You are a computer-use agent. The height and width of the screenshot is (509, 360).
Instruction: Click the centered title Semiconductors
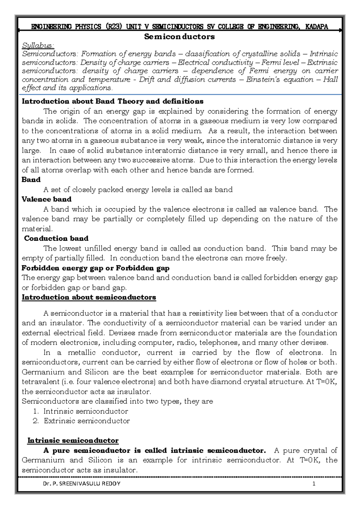click(179, 37)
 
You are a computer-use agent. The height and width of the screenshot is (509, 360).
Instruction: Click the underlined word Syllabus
click(38, 46)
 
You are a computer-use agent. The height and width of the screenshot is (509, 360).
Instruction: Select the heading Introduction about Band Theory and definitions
click(112, 101)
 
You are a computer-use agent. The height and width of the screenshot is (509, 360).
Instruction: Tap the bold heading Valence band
click(46, 199)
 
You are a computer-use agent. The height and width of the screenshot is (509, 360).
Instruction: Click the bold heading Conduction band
click(56, 238)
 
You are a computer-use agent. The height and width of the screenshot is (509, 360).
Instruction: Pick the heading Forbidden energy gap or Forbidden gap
click(95, 268)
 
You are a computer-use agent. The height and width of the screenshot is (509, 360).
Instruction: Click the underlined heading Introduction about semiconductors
click(89, 297)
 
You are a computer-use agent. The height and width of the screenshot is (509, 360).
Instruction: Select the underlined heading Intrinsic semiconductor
click(73, 441)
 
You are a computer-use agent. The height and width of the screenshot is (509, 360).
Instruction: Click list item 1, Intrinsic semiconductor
click(85, 411)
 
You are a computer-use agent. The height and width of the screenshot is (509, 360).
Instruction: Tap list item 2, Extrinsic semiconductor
click(87, 421)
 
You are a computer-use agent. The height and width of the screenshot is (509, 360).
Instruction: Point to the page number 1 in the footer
click(314, 483)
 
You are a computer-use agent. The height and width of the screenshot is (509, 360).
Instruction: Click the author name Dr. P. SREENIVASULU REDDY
click(82, 483)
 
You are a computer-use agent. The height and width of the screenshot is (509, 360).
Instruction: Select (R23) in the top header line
click(114, 27)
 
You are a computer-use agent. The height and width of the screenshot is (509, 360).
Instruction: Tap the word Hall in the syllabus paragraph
click(330, 80)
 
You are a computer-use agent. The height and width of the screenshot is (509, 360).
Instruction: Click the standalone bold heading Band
click(31, 180)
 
